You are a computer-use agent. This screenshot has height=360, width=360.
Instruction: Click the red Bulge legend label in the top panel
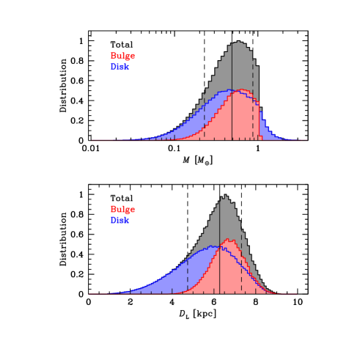[x=122, y=56]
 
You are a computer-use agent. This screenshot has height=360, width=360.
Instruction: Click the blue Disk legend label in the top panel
[x=120, y=67]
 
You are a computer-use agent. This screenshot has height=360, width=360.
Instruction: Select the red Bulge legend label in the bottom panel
[x=122, y=210]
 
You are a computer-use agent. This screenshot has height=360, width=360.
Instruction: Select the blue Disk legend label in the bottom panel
[x=120, y=220]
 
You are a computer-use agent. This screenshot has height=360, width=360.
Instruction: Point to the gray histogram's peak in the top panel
[x=238, y=43]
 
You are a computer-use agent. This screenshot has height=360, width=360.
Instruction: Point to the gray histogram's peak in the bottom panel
[x=224, y=196]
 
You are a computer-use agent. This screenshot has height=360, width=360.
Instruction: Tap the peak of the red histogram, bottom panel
[x=229, y=240]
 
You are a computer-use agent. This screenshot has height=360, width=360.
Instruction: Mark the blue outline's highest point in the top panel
[x=229, y=90]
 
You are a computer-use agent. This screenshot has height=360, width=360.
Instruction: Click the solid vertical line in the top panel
[x=232, y=110]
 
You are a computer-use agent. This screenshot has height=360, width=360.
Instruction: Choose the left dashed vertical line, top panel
[x=205, y=117]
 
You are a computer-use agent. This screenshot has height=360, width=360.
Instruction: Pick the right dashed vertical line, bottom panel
[x=242, y=275]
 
